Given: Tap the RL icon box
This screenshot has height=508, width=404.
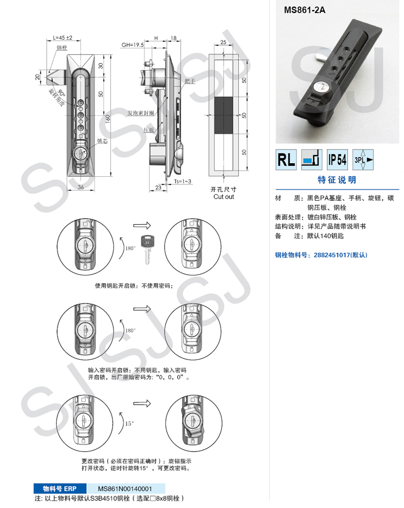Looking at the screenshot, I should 286,159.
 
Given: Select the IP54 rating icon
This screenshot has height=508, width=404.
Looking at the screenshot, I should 338,159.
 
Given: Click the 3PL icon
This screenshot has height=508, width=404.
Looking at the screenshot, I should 363,159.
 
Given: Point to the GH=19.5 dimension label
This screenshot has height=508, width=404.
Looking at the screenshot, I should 132,46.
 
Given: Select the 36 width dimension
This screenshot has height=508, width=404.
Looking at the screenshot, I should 81,187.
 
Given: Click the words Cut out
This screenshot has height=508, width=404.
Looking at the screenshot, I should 223,197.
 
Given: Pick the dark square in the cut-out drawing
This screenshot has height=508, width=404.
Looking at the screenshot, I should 223,116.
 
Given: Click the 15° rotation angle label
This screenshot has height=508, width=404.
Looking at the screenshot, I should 128,423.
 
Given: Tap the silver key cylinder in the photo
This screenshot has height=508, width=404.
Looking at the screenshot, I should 321,86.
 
